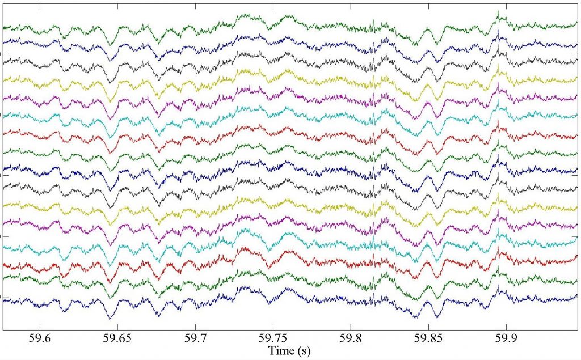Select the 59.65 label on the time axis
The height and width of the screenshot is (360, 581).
point(116,338)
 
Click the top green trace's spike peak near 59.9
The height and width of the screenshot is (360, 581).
point(498,11)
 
